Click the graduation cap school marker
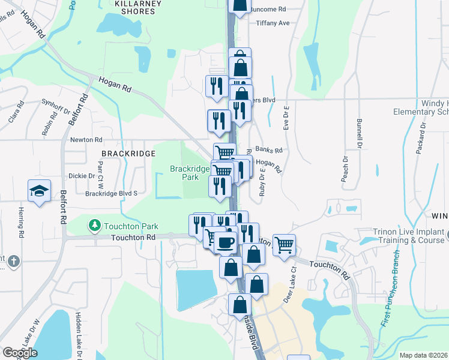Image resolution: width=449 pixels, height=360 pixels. click(39, 191)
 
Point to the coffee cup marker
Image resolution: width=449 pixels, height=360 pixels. click(226, 242)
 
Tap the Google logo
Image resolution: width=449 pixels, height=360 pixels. click(20, 353)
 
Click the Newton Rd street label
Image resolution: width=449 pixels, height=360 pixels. click(86, 140)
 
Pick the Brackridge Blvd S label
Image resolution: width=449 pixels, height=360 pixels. click(112, 193)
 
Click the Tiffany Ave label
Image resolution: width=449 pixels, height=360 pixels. click(273, 23)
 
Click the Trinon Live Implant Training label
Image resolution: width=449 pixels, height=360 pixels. click(408, 236)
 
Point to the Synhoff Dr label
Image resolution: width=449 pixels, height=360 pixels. click(56, 107)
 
